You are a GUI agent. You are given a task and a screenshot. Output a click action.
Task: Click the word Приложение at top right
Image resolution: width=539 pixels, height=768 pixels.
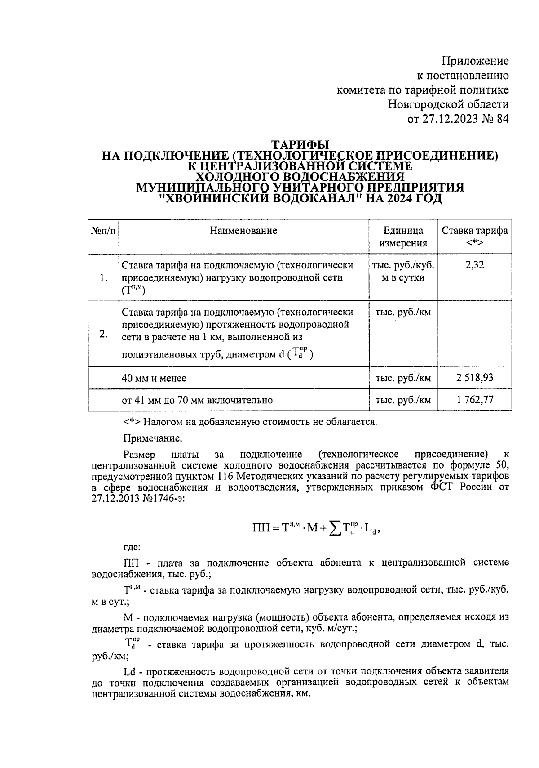tap(475, 61)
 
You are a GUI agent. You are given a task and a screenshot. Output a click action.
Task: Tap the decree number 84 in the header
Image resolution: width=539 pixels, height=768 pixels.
tap(502, 119)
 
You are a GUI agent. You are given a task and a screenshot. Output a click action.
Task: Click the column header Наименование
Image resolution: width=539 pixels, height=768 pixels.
tap(243, 231)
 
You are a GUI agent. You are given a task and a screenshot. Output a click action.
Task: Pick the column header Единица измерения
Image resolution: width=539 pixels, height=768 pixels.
tap(403, 237)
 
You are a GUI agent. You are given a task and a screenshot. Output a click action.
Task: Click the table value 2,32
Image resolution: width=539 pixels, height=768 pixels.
tap(475, 265)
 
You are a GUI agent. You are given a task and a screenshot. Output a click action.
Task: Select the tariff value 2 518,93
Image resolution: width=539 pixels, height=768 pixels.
tap(475, 378)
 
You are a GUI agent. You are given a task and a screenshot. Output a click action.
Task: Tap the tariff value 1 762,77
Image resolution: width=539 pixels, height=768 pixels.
tap(475, 399)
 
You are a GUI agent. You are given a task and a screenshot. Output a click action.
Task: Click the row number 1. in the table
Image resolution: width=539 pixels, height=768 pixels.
tap(104, 278)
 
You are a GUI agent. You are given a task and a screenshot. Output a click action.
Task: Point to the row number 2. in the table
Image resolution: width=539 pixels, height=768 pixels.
tap(104, 334)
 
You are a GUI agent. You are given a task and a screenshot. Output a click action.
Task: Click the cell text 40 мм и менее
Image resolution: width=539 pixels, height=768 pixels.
tap(154, 378)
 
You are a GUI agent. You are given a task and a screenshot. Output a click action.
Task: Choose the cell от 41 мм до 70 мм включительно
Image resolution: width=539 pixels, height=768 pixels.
tap(197, 400)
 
